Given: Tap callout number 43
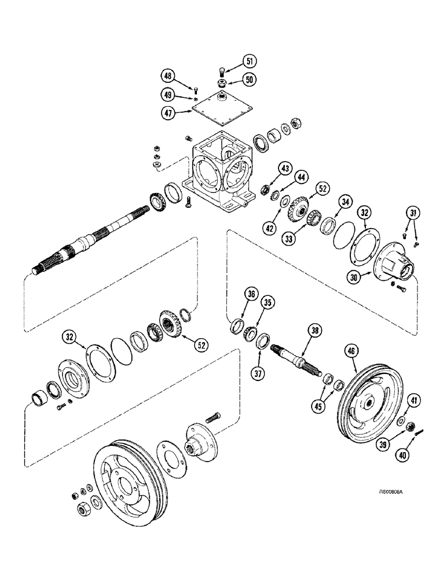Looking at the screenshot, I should (268, 168).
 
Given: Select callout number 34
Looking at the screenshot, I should (345, 201).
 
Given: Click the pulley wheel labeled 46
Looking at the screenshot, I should (368, 402).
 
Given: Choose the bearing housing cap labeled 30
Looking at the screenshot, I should (395, 265).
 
